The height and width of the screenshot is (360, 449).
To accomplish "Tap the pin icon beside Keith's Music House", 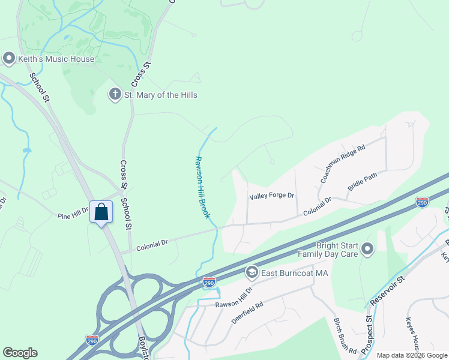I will pos(8,59).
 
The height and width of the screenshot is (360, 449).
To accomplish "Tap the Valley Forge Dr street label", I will pos(272,196).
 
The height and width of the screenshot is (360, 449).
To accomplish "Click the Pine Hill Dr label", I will pos(73,212).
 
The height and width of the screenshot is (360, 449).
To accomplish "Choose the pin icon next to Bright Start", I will pos(368,248).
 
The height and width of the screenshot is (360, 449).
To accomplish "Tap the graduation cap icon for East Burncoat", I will pos(252,272).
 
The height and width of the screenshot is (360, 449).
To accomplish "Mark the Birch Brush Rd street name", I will pos(345,335).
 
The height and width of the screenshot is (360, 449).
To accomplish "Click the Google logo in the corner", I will pos(20,353).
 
